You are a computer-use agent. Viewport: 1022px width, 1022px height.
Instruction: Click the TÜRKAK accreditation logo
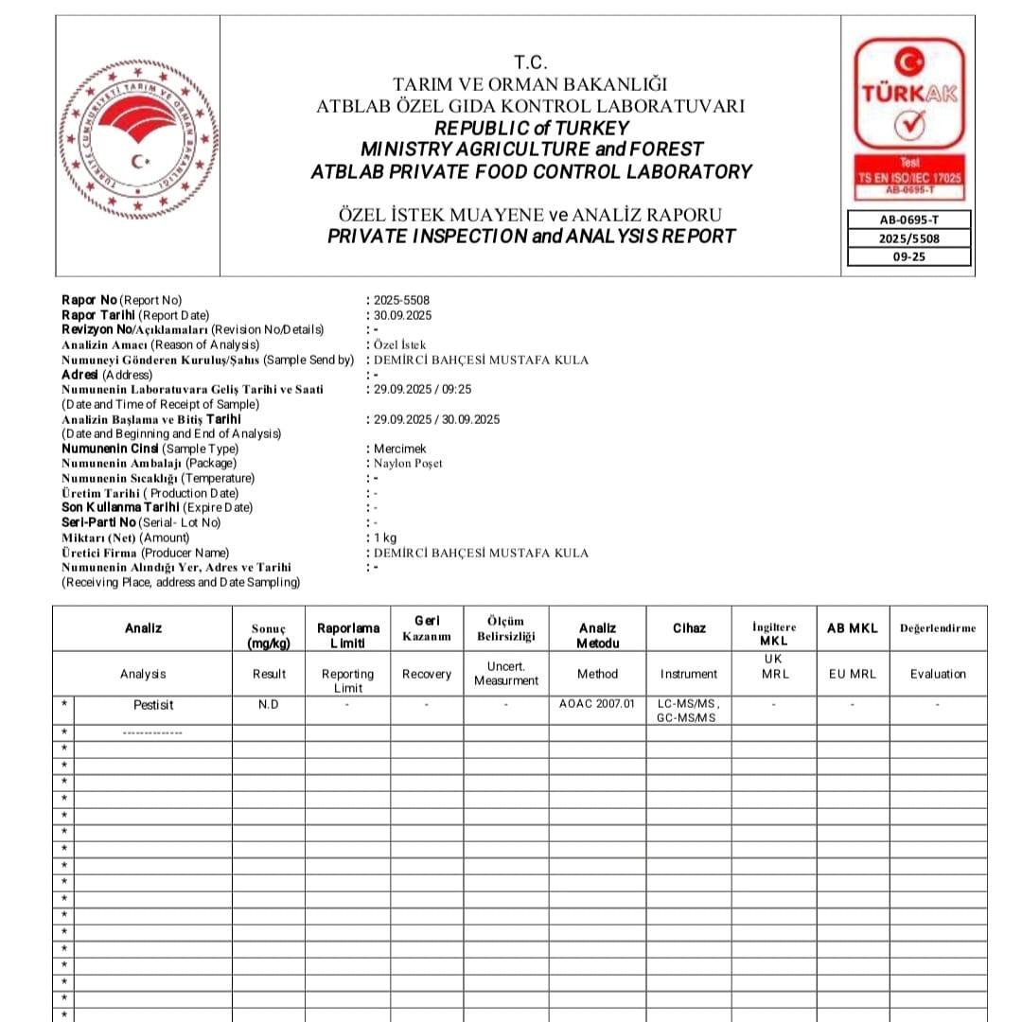[908, 119]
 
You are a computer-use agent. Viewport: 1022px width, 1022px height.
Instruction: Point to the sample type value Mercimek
[399, 449]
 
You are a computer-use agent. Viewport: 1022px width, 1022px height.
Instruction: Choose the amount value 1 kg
[385, 537]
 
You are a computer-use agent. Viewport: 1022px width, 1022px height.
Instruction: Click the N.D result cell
[269, 705]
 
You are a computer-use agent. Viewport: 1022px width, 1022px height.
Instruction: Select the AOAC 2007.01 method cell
[597, 705]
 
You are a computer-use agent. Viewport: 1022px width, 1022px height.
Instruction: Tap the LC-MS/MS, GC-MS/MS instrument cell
[689, 712]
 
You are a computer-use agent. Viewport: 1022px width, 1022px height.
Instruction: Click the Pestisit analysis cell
[153, 705]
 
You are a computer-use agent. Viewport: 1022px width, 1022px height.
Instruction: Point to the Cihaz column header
[689, 628]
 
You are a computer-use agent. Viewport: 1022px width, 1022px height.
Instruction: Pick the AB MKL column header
[853, 628]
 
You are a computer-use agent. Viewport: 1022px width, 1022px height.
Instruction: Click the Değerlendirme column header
[938, 628]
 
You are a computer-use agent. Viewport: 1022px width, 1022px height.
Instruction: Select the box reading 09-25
[908, 256]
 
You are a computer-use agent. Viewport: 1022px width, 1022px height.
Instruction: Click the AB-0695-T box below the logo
[908, 220]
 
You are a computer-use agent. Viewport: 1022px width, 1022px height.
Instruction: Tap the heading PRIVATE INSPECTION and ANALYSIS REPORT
[531, 237]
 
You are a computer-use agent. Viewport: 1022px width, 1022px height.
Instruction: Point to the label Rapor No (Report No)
[121, 301]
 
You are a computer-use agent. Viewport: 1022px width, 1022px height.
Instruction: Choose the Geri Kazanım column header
[427, 627]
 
